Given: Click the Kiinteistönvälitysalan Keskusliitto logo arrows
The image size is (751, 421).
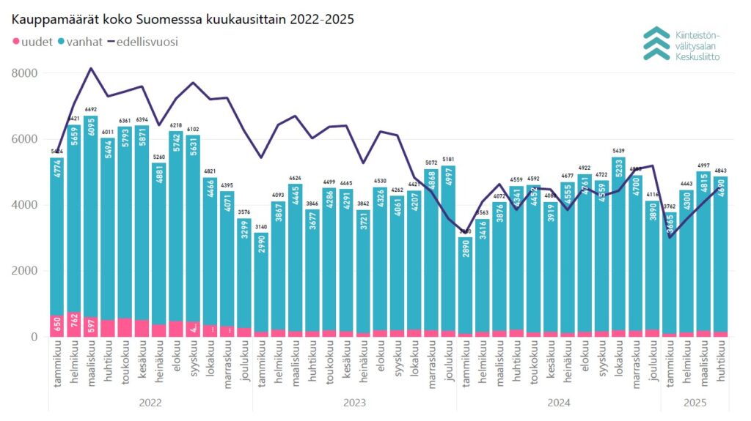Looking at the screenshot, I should pyautogui.click(x=656, y=43).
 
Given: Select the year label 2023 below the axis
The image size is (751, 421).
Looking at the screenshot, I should pyautogui.click(x=354, y=402).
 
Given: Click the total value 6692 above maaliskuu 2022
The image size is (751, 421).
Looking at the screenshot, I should pyautogui.click(x=91, y=110).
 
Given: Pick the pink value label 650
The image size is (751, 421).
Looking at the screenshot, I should pyautogui.click(x=56, y=326).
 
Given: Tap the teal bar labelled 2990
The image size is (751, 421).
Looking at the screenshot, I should pyautogui.click(x=260, y=286).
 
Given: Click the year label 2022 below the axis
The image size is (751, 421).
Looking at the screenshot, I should pyautogui.click(x=150, y=402).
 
